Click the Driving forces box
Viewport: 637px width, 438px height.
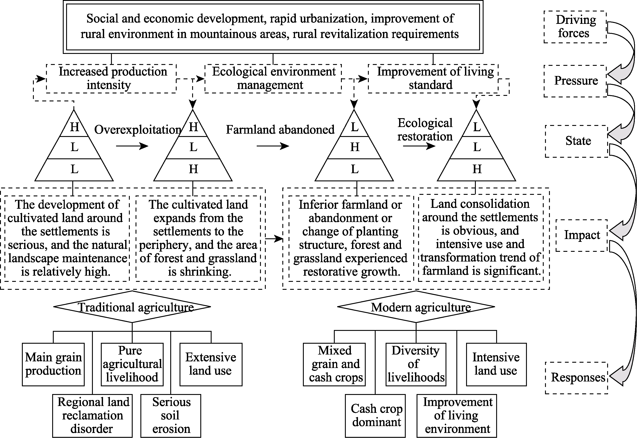575,27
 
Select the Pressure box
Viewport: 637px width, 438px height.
575,81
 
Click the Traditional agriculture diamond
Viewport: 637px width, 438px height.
132,307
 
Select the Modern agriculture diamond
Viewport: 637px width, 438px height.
416,307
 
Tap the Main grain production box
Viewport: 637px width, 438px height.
53,364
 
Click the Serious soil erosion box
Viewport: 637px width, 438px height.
171,416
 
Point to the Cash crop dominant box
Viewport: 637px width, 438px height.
375,416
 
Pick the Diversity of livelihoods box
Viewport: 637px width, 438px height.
416,364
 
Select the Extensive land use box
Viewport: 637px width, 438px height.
211,364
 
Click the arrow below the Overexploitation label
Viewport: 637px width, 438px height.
132,146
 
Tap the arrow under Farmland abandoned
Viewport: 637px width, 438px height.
273,146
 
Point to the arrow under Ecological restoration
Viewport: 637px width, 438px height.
419,146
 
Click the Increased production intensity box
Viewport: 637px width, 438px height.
111,79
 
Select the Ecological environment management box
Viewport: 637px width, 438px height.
273,79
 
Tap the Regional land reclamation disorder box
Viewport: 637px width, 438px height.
93,416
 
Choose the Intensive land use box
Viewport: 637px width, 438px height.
496,364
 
